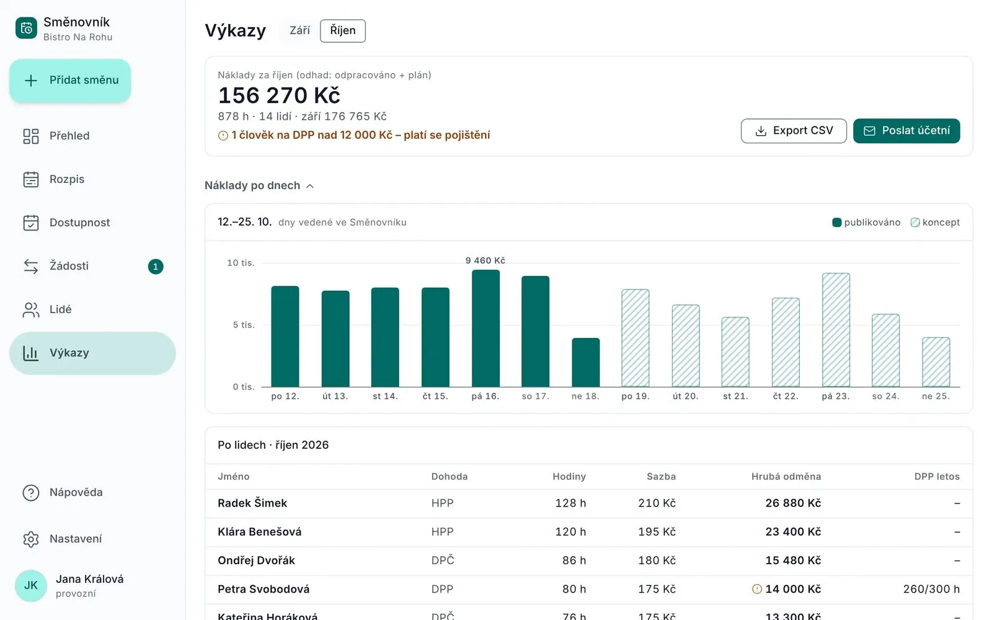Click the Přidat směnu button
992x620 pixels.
70,81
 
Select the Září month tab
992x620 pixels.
300,30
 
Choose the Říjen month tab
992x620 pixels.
343,30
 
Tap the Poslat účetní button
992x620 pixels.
906,131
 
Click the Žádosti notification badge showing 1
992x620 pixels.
156,266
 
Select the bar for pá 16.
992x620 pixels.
485,328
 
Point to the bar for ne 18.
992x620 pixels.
585,362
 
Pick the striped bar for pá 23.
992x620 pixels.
836,330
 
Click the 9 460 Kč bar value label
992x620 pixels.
485,260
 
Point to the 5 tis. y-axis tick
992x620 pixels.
244,325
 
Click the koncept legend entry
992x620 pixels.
935,223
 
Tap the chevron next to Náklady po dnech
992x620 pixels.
310,186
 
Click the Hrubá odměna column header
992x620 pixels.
786,477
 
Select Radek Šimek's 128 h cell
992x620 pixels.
570,503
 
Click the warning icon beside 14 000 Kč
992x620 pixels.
757,589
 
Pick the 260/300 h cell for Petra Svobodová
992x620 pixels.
931,589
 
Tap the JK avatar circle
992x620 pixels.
30,585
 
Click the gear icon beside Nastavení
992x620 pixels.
31,539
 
